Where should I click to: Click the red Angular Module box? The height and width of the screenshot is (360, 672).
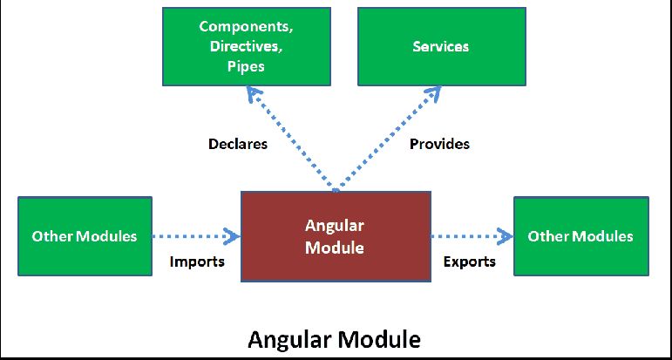335,236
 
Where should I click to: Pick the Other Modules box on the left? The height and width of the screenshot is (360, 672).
85,236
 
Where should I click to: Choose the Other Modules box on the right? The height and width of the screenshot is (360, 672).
580,236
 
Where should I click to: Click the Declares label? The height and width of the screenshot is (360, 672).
238,144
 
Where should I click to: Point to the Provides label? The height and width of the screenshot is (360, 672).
439,144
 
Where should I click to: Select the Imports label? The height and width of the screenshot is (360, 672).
197,262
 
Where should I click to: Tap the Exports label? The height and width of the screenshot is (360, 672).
469,262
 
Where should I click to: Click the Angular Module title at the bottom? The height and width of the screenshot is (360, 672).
334,338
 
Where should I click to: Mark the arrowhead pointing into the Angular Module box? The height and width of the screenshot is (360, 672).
232,235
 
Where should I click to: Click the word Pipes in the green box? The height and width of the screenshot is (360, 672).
248,66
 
